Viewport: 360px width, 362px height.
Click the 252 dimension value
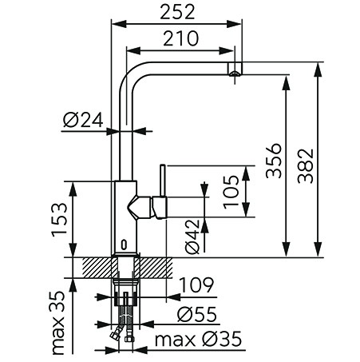(177, 12)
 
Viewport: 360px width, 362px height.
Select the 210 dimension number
(180, 38)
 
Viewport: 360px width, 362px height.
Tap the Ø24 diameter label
(83, 120)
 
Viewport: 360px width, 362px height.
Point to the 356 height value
(274, 161)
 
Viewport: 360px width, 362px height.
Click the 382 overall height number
(306, 165)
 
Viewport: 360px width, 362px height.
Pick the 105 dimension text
(231, 192)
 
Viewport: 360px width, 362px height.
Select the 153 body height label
(59, 220)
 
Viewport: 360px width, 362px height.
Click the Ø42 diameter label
(192, 237)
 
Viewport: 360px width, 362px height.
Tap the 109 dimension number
(196, 284)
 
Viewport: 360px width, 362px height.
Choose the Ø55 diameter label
(197, 314)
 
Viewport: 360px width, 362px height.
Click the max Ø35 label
(198, 339)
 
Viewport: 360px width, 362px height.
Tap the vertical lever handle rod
(163, 181)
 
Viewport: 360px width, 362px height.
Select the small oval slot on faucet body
(125, 245)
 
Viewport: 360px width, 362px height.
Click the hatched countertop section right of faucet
(153, 268)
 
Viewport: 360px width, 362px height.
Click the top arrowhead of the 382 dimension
(318, 70)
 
